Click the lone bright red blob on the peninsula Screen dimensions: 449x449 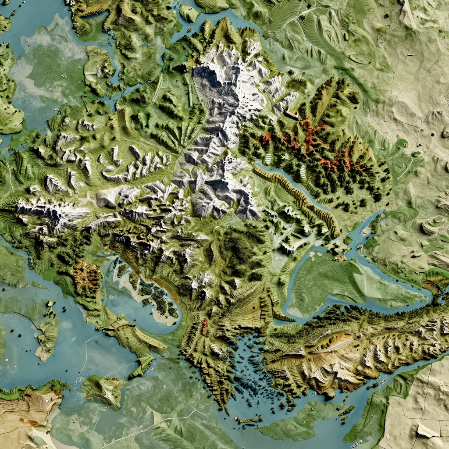[x=204, y=323]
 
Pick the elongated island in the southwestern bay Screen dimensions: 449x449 [x=47, y=333]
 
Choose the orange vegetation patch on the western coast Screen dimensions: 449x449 [x=86, y=276]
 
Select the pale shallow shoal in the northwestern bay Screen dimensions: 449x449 [x=48, y=66]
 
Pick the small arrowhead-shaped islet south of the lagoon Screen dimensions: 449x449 [x=143, y=366]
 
